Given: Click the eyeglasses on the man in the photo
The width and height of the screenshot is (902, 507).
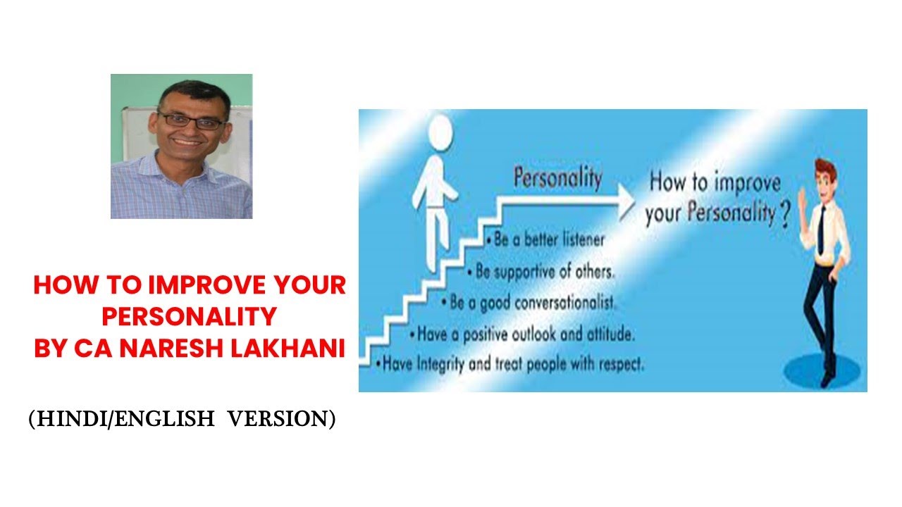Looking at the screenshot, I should click(190, 119).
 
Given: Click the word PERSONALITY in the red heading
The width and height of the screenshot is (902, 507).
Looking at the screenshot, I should click(189, 317).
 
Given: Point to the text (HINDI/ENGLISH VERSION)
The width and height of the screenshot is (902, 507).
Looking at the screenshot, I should click(182, 419).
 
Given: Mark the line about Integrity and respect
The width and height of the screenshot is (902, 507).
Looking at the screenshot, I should click(510, 365).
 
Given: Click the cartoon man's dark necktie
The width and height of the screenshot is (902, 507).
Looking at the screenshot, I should click(821, 229).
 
